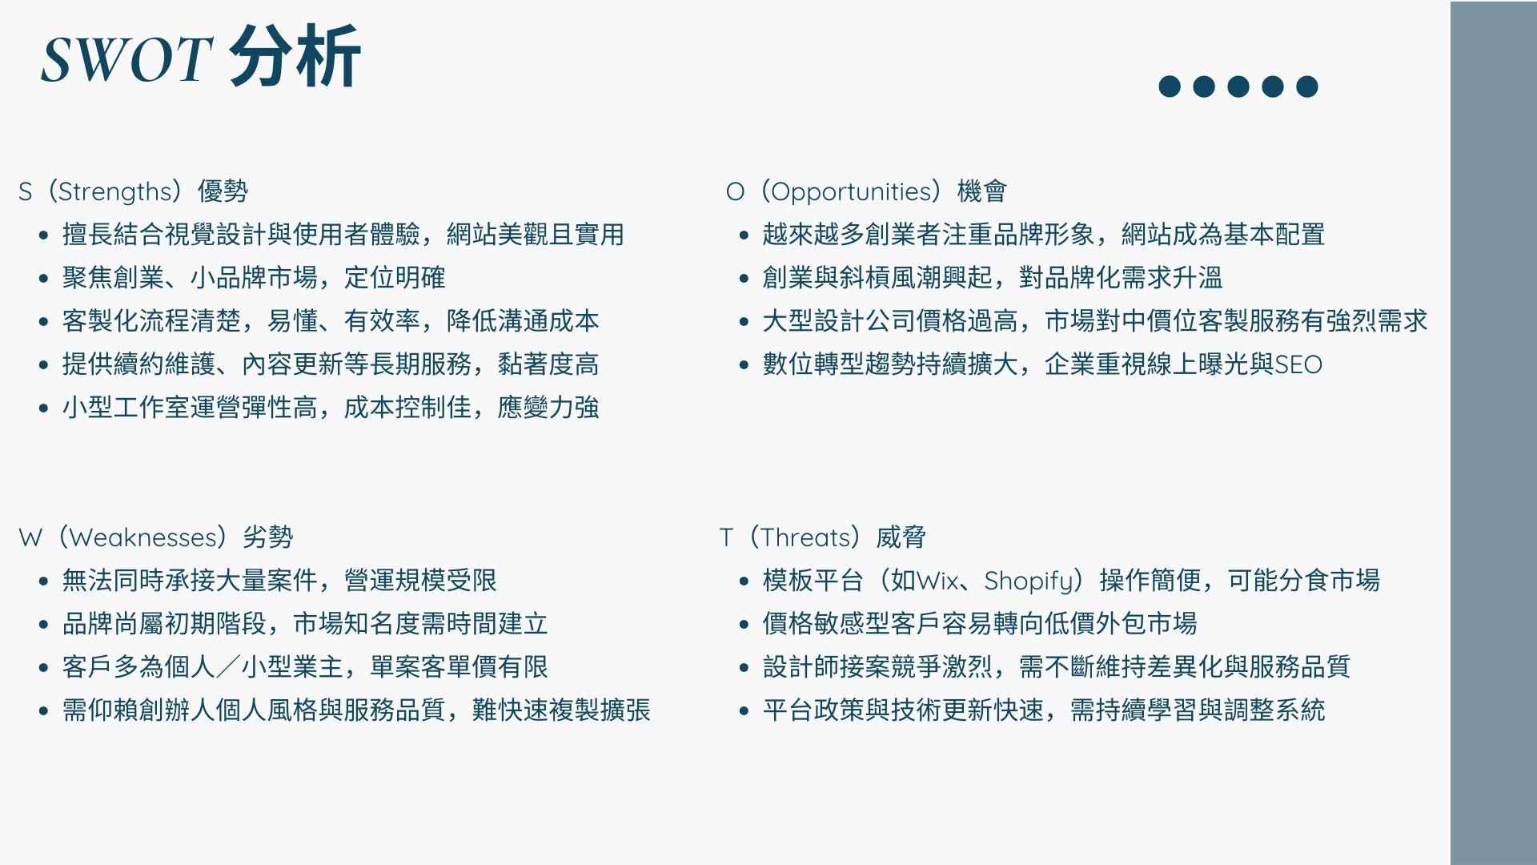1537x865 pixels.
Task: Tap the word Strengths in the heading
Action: click(x=115, y=192)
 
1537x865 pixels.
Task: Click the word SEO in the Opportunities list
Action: click(x=1298, y=365)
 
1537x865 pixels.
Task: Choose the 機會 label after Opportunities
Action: click(x=982, y=191)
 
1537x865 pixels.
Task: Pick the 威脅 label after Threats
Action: click(x=901, y=537)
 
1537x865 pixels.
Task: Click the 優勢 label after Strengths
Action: click(x=223, y=191)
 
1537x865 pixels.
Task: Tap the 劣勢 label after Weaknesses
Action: click(x=268, y=537)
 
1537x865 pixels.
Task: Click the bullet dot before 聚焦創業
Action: click(x=43, y=279)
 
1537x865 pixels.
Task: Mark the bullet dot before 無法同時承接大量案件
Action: click(x=43, y=581)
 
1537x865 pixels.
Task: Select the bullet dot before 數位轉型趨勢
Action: click(x=744, y=365)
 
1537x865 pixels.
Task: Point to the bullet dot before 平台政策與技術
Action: click(x=744, y=711)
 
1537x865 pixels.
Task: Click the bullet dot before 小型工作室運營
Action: click(x=43, y=408)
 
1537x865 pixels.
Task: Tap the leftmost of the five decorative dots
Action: click(x=1170, y=86)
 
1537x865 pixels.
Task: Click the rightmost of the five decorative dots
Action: click(x=1307, y=86)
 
